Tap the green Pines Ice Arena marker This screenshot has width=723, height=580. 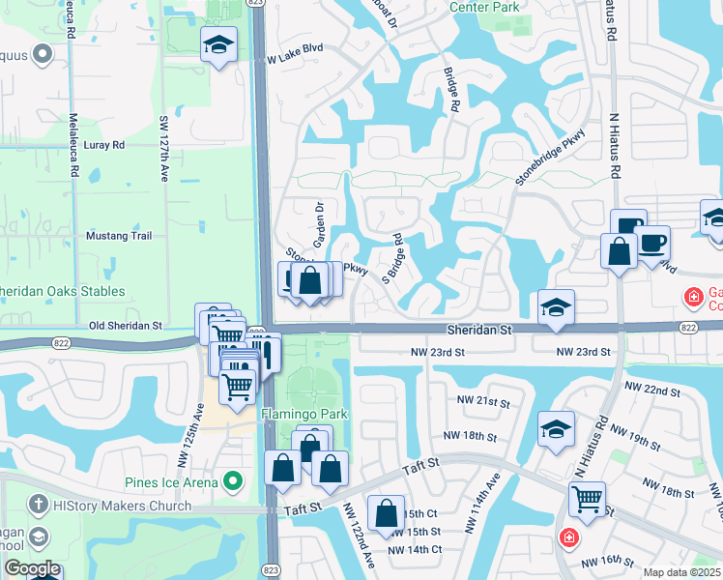(x=232, y=480)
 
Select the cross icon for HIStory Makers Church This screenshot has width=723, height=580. (x=37, y=505)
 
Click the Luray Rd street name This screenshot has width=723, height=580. (x=105, y=145)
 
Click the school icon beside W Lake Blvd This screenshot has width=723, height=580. (x=218, y=43)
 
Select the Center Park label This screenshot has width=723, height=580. (x=485, y=7)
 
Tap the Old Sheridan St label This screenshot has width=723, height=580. (x=123, y=326)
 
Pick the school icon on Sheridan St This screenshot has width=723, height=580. (x=556, y=307)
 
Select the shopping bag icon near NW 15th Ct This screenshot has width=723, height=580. (x=386, y=512)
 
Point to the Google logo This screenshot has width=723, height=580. (x=32, y=569)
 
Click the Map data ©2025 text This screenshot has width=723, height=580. (x=680, y=572)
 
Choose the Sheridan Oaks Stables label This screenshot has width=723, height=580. (x=62, y=291)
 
